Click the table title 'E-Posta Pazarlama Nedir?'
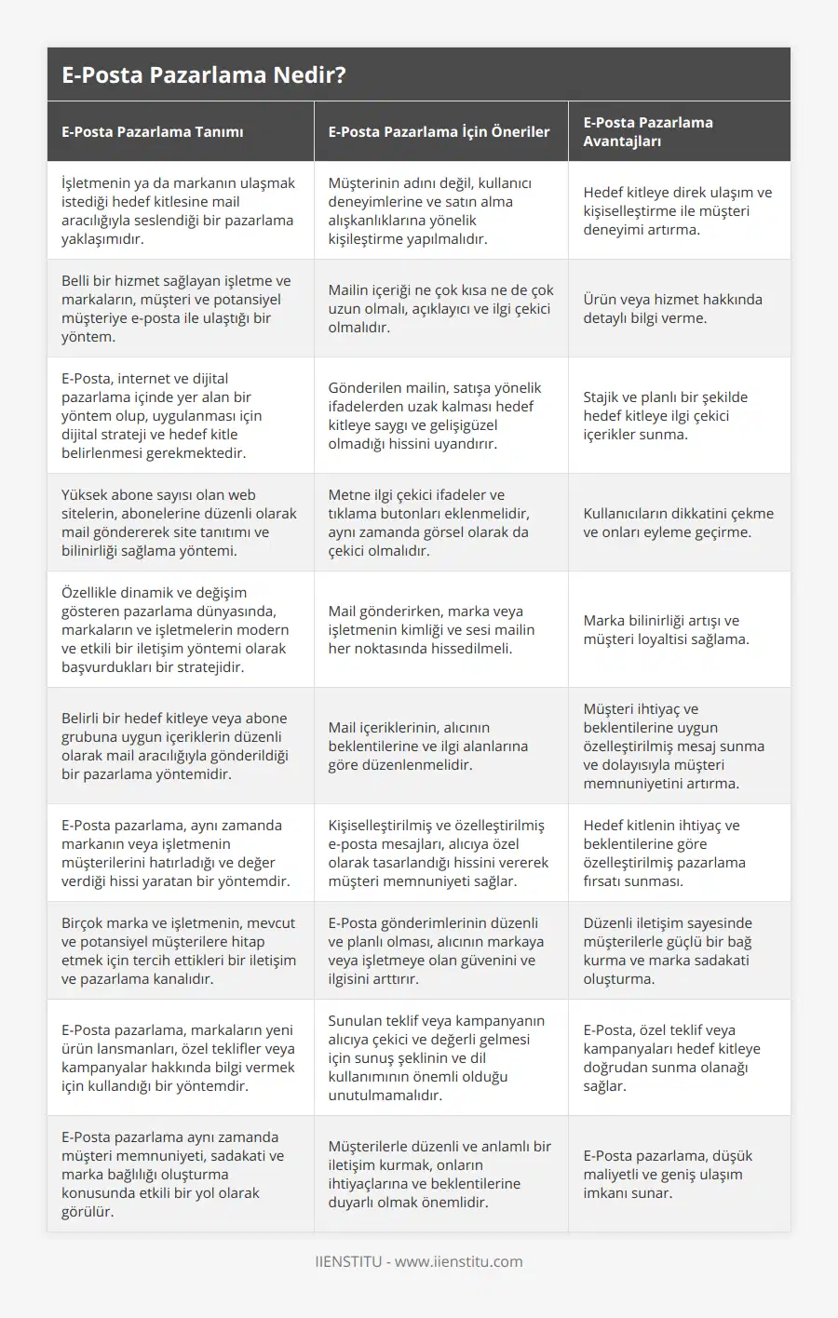coord(203,75)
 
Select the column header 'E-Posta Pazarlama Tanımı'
coord(153,132)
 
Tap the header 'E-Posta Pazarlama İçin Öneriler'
coord(439,132)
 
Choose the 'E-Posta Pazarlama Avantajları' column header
coord(648,131)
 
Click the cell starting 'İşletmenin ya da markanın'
coord(178,210)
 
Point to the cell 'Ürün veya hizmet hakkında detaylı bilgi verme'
coord(672,308)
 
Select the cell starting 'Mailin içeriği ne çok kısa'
coord(440,308)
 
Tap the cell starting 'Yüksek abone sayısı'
coord(179,522)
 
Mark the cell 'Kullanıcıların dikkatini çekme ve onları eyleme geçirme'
coord(678,522)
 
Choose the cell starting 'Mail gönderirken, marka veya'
coord(431,629)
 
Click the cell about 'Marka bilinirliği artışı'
coord(666,629)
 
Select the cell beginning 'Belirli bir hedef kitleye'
coord(175,746)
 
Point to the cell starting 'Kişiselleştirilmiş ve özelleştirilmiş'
coord(438,853)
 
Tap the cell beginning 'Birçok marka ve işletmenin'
coord(178,950)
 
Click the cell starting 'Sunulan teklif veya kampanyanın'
coord(436,1057)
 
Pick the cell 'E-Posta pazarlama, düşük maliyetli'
coord(668,1174)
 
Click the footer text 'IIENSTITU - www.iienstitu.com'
coord(419,1262)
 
